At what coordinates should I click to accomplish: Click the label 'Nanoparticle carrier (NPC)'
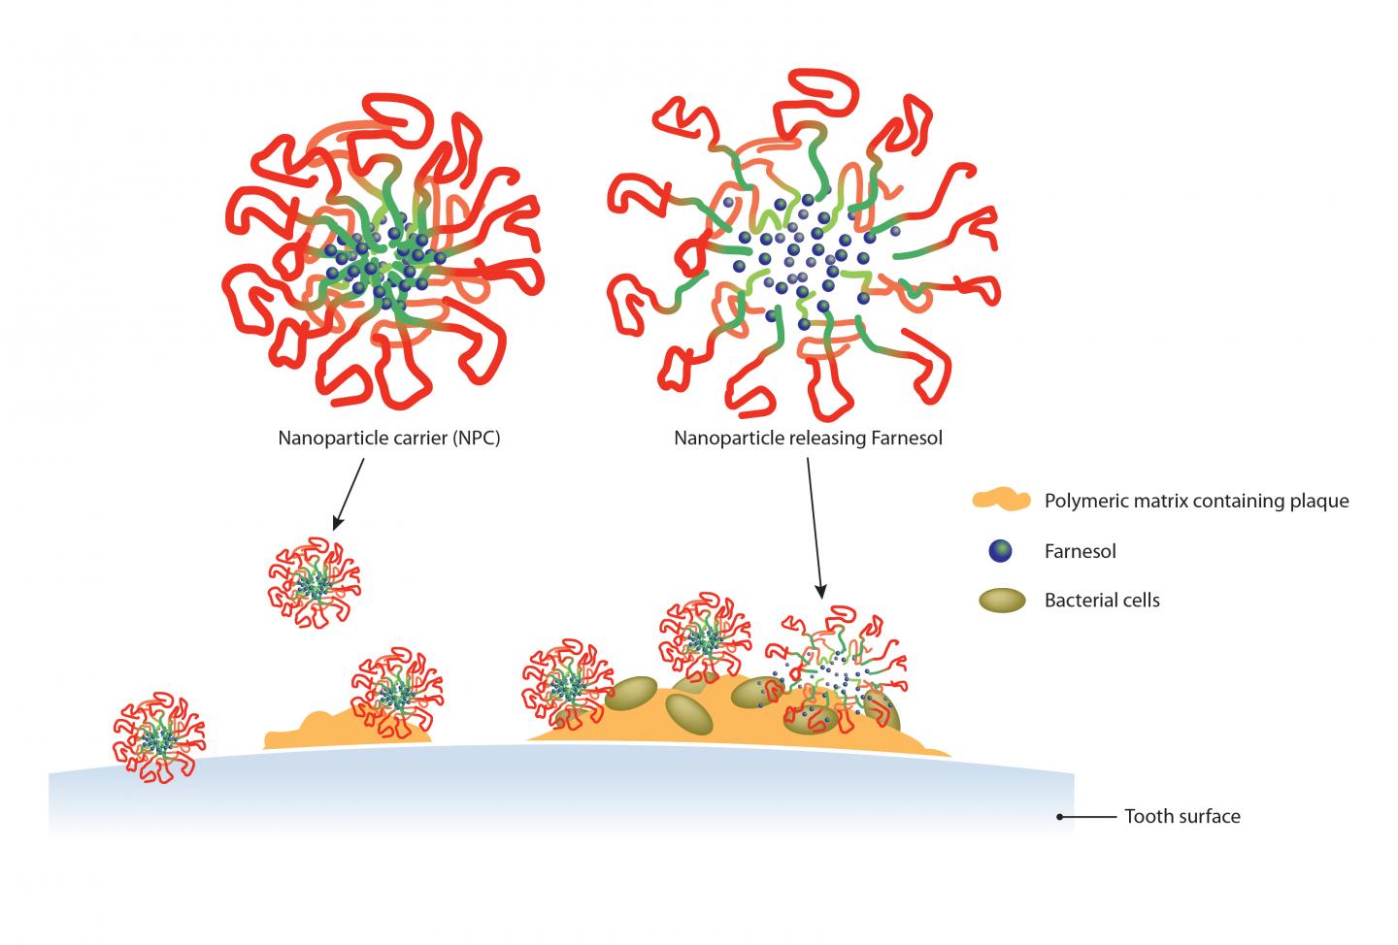tap(389, 438)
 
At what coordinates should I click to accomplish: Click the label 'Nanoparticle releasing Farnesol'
tap(808, 438)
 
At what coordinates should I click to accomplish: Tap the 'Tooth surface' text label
tap(1182, 816)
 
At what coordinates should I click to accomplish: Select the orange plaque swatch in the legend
tap(1000, 501)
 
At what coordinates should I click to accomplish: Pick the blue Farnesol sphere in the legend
tap(1000, 551)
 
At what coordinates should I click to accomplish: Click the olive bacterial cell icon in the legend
tap(1001, 601)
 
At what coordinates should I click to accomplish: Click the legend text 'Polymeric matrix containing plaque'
tap(1196, 501)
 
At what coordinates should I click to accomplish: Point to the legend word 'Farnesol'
tap(1080, 551)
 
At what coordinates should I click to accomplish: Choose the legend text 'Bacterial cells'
tap(1102, 600)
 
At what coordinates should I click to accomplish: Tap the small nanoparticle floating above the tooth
tap(314, 582)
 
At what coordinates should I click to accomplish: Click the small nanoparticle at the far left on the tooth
tap(158, 737)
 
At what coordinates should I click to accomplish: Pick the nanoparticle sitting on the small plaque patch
tap(396, 692)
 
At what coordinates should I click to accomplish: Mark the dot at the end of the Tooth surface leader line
tap(1061, 817)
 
